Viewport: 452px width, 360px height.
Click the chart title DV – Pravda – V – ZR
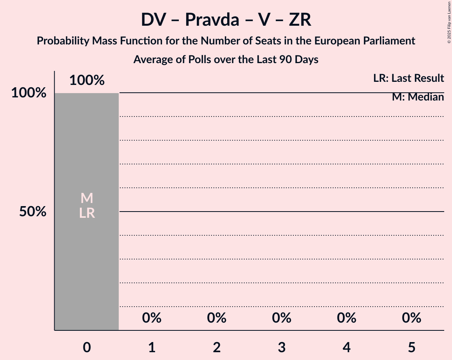point(226,20)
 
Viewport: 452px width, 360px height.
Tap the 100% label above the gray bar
point(87,80)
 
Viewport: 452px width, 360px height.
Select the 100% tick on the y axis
point(29,93)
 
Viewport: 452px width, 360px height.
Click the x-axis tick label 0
point(87,347)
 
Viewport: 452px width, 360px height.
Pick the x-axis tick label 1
point(152,347)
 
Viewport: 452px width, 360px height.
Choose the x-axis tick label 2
point(217,347)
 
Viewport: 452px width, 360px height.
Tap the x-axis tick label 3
point(282,347)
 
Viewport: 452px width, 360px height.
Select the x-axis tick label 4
point(347,347)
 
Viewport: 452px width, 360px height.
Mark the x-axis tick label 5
point(412,347)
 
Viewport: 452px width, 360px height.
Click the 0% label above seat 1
point(152,318)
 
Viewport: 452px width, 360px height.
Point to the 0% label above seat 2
point(217,318)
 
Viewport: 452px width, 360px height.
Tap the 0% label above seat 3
point(282,318)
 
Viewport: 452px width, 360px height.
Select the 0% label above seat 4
point(347,318)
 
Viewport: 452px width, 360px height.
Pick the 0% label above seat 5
point(412,318)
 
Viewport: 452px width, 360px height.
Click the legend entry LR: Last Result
point(408,78)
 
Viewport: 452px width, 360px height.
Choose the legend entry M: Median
point(418,97)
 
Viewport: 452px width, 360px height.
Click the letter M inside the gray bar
point(87,198)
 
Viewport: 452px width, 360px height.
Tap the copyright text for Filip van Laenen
point(449,22)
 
